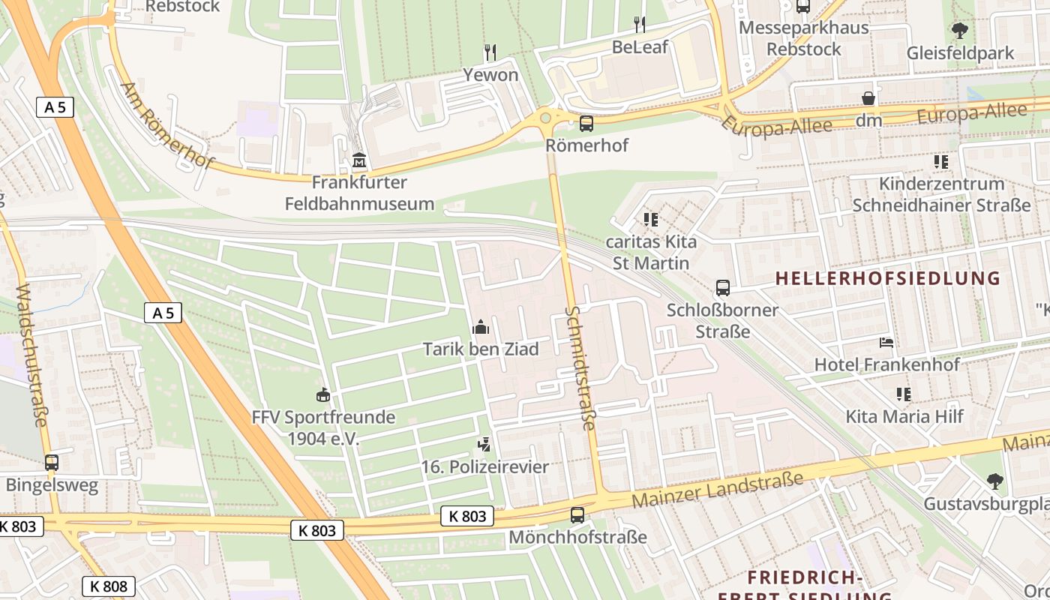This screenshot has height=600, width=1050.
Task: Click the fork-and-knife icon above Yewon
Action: (490, 52)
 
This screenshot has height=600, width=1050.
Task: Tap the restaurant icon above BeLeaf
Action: (640, 25)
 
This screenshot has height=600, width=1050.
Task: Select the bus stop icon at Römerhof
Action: (586, 123)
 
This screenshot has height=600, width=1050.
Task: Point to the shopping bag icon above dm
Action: (868, 98)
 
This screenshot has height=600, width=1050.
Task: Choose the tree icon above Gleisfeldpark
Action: (959, 31)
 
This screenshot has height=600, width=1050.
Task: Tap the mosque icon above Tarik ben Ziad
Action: (481, 327)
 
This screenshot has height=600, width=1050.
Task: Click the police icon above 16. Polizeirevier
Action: (484, 444)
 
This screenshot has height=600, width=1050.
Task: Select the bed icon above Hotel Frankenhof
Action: (886, 343)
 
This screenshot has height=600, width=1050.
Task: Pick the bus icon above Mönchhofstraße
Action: (577, 514)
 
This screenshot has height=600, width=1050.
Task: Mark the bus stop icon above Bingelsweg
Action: (52, 463)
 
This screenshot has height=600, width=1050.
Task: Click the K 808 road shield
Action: (109, 586)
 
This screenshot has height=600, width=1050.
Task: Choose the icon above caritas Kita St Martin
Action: (650, 220)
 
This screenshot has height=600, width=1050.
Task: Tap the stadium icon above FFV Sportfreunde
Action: (323, 394)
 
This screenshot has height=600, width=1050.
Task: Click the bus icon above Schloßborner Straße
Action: (723, 287)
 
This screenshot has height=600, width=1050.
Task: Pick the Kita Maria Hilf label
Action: (904, 416)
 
